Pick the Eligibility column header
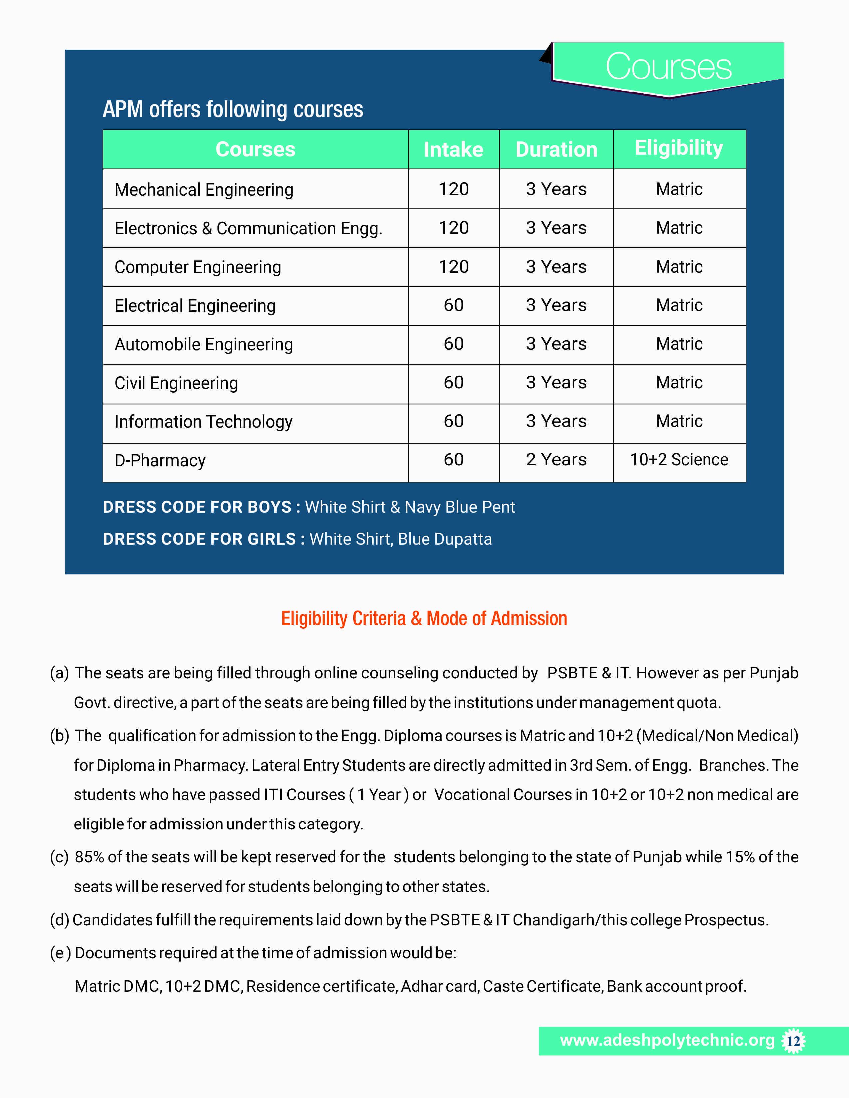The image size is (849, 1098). tap(679, 148)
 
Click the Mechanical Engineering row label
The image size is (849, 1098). tap(204, 190)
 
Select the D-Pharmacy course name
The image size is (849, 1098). tap(160, 460)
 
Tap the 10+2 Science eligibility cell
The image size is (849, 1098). tap(679, 459)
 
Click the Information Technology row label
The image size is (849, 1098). tap(203, 421)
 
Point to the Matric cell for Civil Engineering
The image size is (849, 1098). tap(679, 383)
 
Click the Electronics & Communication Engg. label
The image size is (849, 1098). tap(248, 228)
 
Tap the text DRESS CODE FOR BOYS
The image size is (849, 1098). tap(197, 507)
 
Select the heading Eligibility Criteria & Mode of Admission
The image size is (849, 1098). tap(424, 619)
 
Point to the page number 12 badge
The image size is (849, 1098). tap(793, 1041)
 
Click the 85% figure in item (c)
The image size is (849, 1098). tap(89, 857)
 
